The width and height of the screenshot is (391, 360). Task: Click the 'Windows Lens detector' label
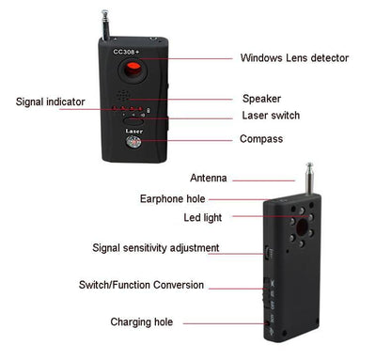(294, 58)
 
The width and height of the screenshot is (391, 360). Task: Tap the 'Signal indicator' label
(50, 102)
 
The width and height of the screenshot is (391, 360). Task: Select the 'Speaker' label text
(261, 99)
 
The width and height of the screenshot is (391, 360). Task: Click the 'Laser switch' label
(271, 117)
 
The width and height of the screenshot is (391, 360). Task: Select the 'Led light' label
(202, 217)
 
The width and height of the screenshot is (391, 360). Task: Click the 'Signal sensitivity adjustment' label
(156, 248)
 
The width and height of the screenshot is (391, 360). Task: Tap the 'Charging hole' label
(141, 321)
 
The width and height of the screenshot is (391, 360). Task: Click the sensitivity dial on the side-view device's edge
(266, 252)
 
